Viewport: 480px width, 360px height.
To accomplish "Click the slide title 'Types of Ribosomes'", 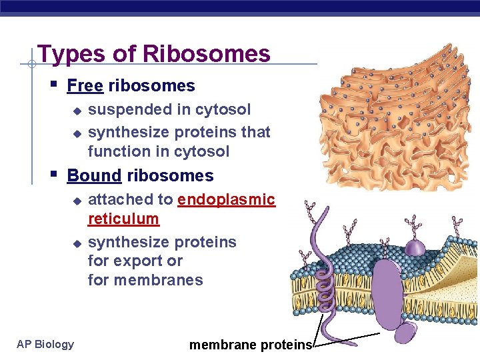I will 154,53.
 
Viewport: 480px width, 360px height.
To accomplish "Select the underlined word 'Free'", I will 85,86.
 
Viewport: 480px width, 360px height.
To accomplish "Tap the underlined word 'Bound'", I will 94,176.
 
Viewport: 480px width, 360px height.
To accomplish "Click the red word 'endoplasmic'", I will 226,199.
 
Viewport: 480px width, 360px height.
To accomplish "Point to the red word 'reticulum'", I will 123,219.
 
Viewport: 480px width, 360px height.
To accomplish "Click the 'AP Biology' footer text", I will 45,344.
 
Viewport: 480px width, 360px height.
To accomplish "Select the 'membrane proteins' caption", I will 250,345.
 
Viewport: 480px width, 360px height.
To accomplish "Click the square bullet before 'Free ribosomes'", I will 53,85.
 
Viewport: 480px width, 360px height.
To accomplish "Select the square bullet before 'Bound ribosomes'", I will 53,175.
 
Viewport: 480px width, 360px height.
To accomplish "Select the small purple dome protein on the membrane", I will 415,247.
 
